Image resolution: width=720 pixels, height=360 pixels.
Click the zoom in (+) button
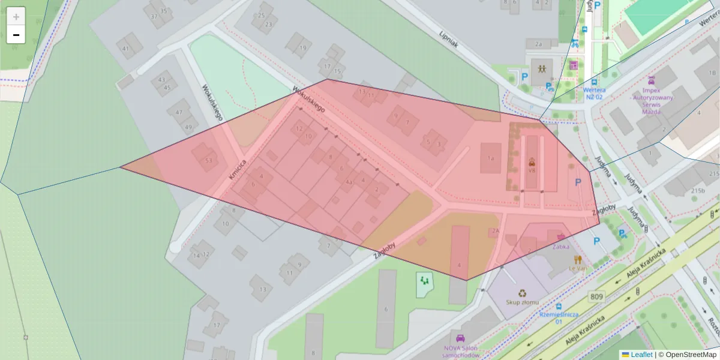point(16,17)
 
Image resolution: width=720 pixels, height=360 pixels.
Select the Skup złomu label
point(522,302)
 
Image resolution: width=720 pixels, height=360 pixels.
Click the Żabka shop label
point(561,247)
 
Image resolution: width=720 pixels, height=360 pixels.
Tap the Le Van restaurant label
point(578,269)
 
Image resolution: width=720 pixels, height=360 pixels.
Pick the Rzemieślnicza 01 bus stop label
point(558,317)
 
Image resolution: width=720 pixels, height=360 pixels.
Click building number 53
point(208,160)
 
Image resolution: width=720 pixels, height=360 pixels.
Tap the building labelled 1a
point(490,158)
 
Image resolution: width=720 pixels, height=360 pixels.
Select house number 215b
point(698,190)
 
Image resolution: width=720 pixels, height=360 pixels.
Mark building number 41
point(125,49)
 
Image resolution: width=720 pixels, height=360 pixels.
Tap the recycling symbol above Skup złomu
point(522,293)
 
